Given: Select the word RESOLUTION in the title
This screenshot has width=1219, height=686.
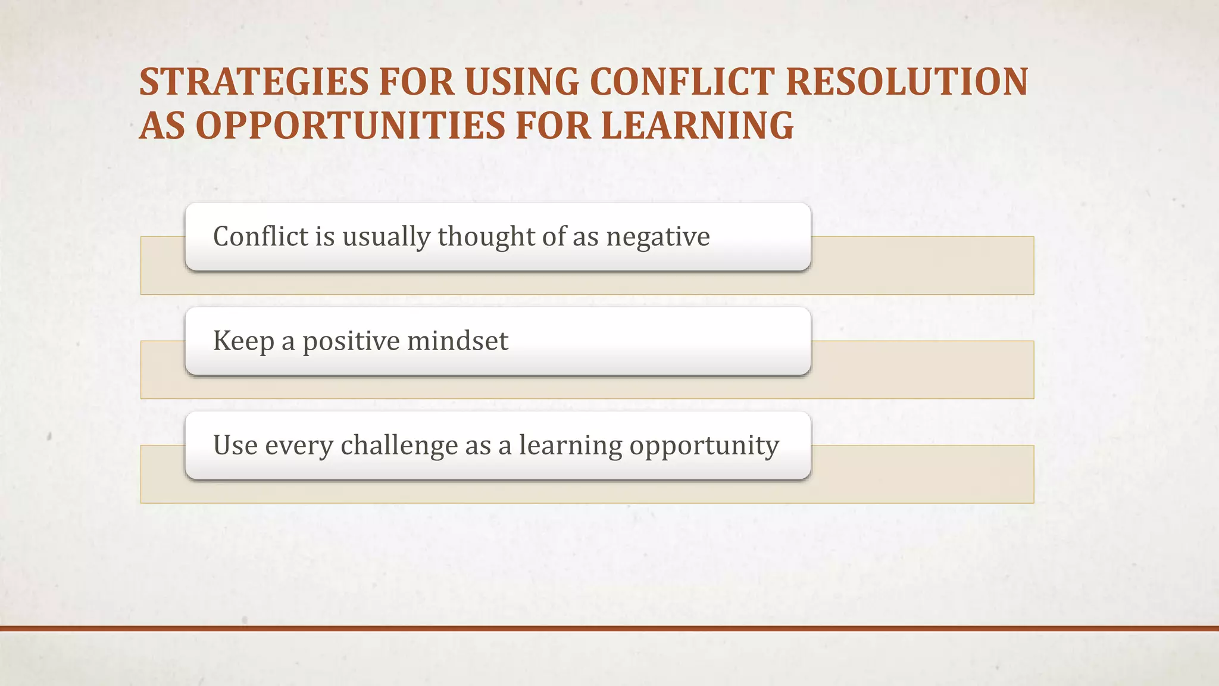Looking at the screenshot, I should coord(907,82).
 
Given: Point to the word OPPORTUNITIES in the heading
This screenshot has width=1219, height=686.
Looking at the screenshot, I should coord(351,126).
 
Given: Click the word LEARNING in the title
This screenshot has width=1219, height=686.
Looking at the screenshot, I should coord(697,126).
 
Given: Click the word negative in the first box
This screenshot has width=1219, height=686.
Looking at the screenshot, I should coord(658,237).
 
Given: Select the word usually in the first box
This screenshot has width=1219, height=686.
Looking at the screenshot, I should coord(386,237).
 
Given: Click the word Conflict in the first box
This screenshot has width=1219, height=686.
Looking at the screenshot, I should coord(260,237).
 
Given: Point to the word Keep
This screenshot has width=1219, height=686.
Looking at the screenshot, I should coord(243,341).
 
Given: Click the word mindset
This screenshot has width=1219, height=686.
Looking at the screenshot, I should coord(458,341).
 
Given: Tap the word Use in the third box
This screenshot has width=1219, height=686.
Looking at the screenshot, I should coord(235,445).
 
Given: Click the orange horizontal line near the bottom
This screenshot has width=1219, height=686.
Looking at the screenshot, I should coord(609,628).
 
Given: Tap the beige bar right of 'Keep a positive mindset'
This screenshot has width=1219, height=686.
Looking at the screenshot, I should coord(923,369).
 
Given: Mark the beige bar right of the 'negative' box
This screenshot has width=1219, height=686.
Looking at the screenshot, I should coord(923,265).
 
